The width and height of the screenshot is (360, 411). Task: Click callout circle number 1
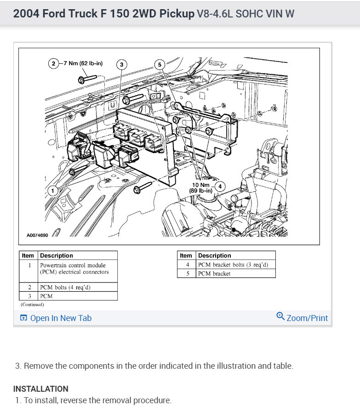pos(53,190)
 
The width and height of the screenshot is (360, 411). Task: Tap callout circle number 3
pos(121,65)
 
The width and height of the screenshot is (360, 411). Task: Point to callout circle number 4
pos(220,186)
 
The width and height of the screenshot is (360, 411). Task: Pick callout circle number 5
pos(160,65)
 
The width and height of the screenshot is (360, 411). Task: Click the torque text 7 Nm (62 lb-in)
pos(81,63)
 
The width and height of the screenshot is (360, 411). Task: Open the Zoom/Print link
pos(307,318)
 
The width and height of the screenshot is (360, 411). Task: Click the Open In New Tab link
pos(61,318)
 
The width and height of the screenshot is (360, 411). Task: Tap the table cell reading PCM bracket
pos(214,274)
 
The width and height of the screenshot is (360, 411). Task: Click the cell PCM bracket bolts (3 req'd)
pos(233,265)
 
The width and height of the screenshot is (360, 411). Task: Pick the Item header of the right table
pos(186,255)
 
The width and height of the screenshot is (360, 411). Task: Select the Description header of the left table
pos(57,255)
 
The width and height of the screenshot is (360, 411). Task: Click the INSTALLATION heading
pos(40,388)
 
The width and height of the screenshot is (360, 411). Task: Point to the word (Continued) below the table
pos(32,304)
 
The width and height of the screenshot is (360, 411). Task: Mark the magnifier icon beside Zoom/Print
pos(280,316)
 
